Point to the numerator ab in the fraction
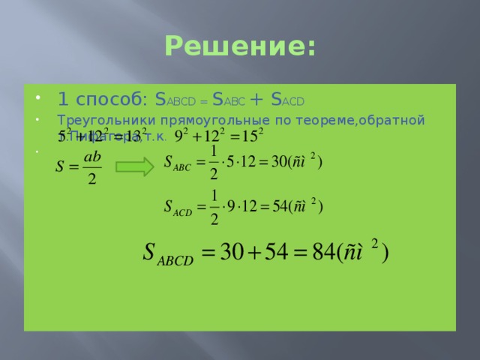pos(92,157)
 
